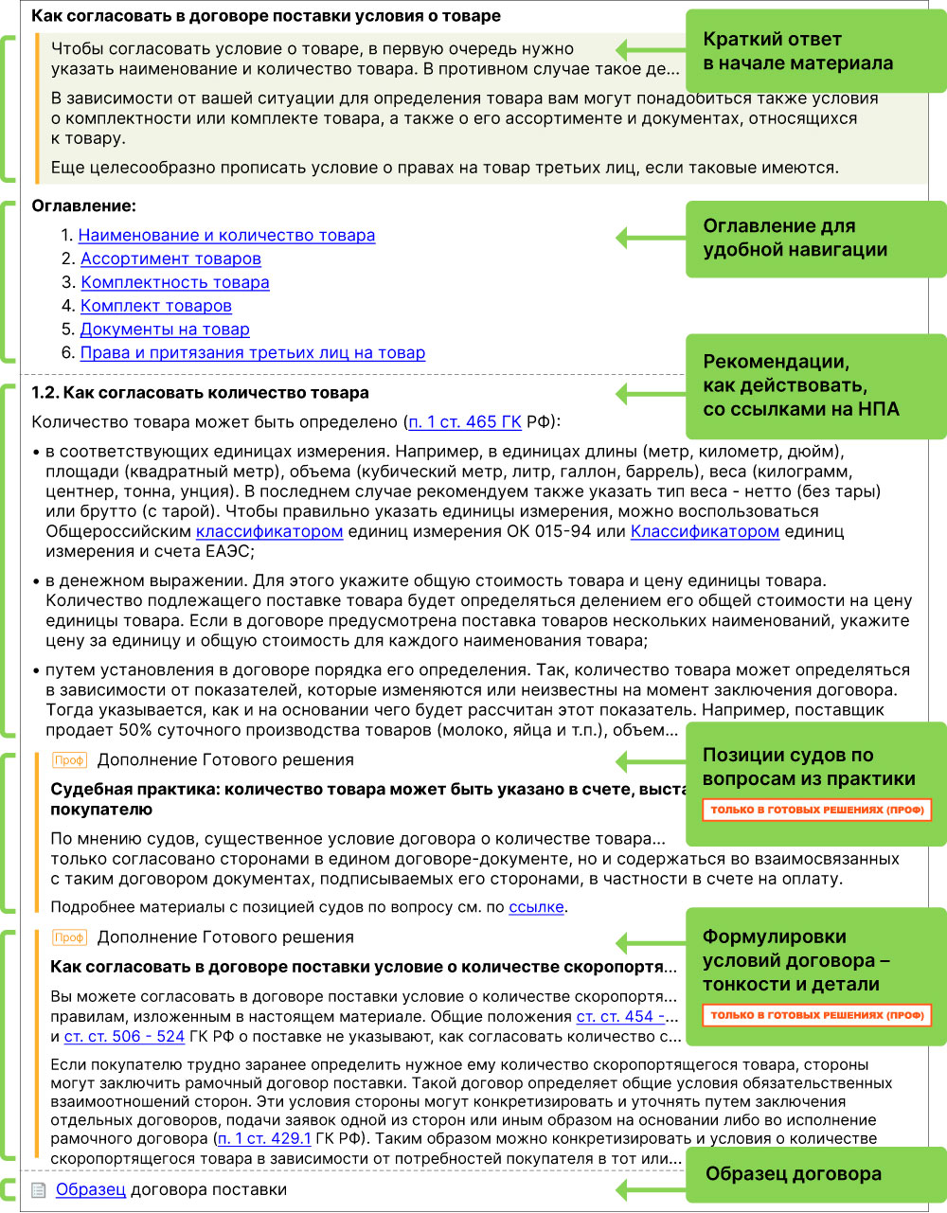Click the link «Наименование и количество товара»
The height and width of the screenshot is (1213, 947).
[226, 236]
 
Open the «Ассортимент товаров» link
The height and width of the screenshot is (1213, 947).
[170, 259]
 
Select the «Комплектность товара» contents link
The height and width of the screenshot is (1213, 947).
[175, 283]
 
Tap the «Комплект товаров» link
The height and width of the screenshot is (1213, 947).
[156, 306]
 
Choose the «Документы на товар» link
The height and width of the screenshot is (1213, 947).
[165, 330]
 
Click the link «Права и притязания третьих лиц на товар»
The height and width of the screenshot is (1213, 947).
[253, 353]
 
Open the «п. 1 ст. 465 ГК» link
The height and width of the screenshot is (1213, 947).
[465, 422]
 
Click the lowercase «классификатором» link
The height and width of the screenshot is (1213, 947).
[269, 532]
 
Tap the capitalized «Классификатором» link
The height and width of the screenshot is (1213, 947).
[705, 532]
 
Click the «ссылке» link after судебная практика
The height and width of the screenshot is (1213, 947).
[536, 907]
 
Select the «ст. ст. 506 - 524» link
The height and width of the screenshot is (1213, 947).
[124, 1036]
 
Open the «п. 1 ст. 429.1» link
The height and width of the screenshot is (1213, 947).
[264, 1139]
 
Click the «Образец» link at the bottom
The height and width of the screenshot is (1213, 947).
[91, 1190]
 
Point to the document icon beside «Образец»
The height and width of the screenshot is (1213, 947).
[39, 1191]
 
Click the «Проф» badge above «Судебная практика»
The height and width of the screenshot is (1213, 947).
[69, 760]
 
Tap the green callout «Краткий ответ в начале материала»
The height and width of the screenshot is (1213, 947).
[814, 52]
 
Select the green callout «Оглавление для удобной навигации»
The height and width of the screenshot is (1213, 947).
[814, 239]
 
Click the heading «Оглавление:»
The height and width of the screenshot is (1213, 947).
[84, 206]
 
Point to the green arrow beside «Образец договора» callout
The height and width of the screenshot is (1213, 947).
[650, 1189]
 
